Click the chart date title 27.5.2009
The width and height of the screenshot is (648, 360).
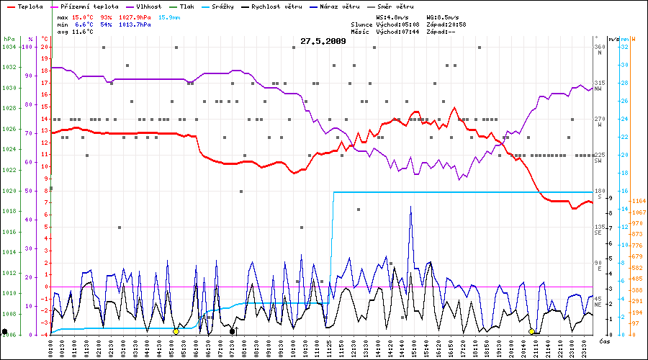tap(323, 41)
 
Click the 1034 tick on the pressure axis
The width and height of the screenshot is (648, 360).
tap(9, 47)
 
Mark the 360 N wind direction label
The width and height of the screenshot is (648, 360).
tap(599, 50)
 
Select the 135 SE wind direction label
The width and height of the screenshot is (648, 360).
tap(599, 230)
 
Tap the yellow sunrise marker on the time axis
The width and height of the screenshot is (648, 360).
tap(176, 331)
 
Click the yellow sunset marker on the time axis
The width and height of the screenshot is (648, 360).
tap(531, 331)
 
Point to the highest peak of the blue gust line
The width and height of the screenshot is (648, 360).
tap(411, 207)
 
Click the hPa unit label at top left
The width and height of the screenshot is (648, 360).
tap(9, 38)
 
